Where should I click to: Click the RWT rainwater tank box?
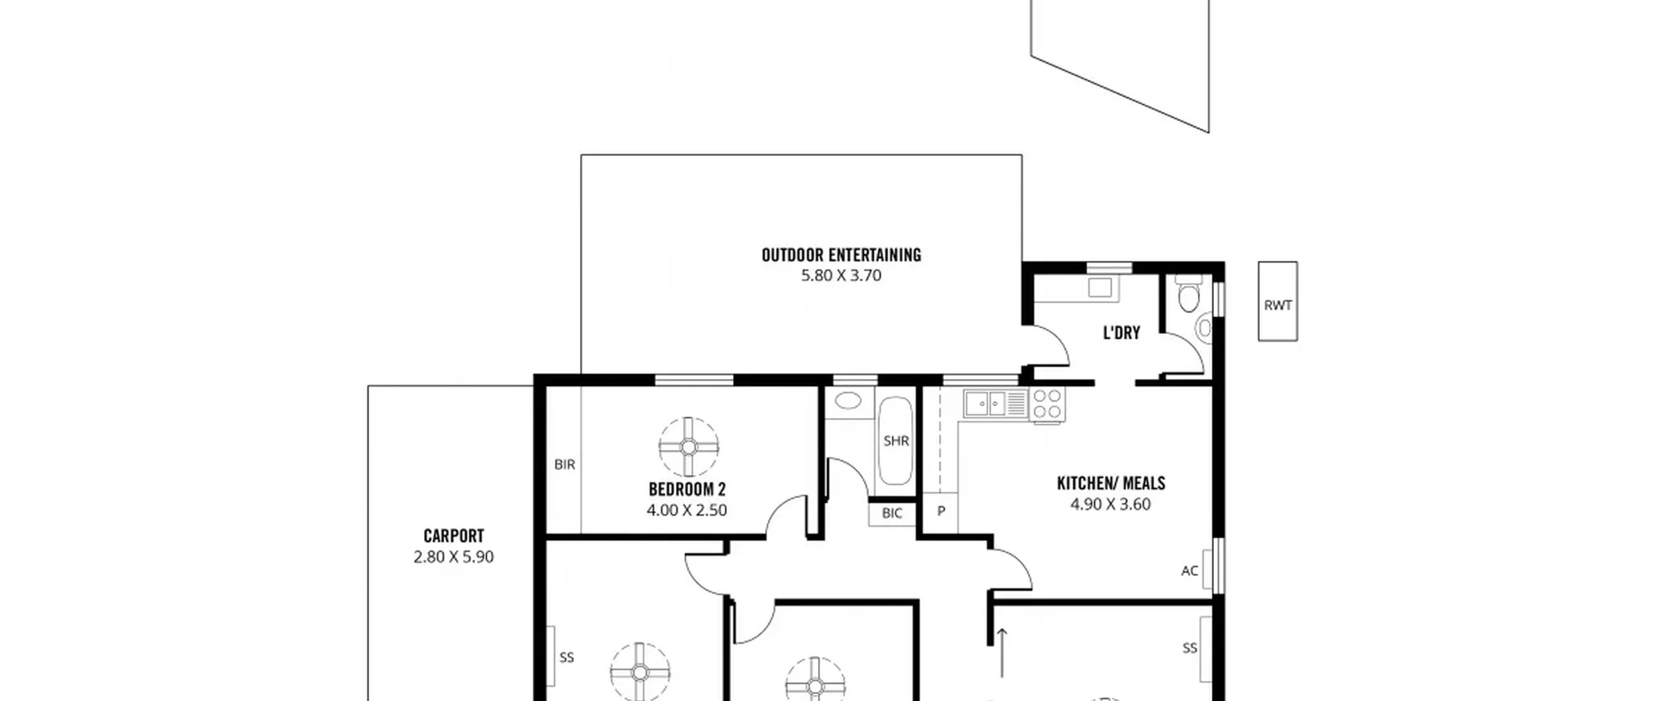click(1277, 301)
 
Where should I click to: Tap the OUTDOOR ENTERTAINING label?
click(841, 255)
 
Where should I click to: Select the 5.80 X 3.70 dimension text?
click(841, 275)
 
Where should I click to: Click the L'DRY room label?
click(1121, 333)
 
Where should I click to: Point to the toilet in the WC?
click(1188, 293)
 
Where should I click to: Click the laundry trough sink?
click(1100, 288)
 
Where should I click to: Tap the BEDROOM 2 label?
click(687, 489)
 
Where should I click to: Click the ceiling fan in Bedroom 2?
click(688, 447)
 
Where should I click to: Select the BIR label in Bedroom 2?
click(565, 464)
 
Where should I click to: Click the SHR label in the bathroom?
click(896, 441)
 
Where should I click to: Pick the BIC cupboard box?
click(892, 513)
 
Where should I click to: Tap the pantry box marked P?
click(941, 512)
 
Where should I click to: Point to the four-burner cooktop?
click(1046, 404)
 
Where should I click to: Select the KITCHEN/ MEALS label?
click(1110, 483)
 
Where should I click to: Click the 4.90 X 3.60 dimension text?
click(1110, 504)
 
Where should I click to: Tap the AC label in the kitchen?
click(1189, 571)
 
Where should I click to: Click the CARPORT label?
click(453, 536)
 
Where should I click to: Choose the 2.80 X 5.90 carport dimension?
click(453, 557)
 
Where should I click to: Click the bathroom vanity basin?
click(848, 400)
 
